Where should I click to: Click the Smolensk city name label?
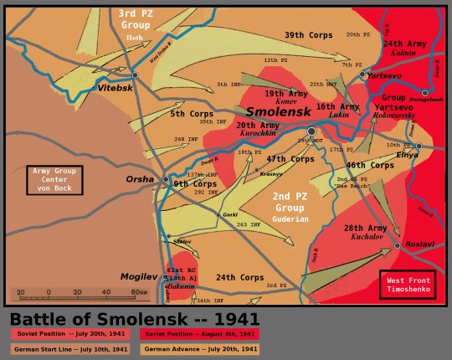pos(279,111)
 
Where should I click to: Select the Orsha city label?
pos(140,179)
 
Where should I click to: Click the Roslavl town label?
pos(419,244)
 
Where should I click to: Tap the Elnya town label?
pos(407,155)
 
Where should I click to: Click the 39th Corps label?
pos(306,35)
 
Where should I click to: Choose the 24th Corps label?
pos(240,277)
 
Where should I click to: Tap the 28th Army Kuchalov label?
pos(366,232)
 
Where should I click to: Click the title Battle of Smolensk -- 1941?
pos(134,319)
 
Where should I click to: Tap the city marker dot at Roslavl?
pos(398,245)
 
